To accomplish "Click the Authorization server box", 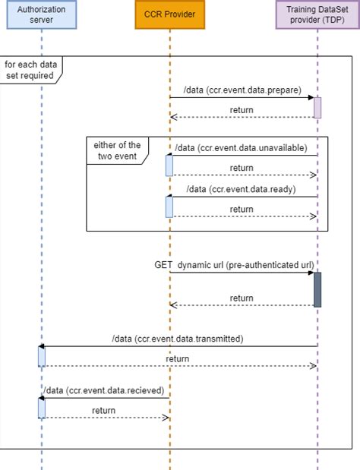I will coord(42,14).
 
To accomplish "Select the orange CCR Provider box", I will coord(169,14).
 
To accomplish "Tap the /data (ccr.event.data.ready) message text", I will coord(242,189).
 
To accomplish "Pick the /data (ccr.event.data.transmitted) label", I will coord(177,339).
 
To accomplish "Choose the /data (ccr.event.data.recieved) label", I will coord(104,390).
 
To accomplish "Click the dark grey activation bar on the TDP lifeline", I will coord(317,289).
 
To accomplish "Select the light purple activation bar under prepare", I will coord(317,107).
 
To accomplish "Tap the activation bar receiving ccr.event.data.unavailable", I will coord(169,165).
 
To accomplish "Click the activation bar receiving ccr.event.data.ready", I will coord(169,207).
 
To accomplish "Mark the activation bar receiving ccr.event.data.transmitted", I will coord(42,356).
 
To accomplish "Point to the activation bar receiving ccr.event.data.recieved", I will coord(42,408).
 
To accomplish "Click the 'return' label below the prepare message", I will coord(242,110).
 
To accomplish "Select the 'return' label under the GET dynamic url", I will coord(242,298).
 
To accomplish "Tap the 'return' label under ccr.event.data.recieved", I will coord(104,410).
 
